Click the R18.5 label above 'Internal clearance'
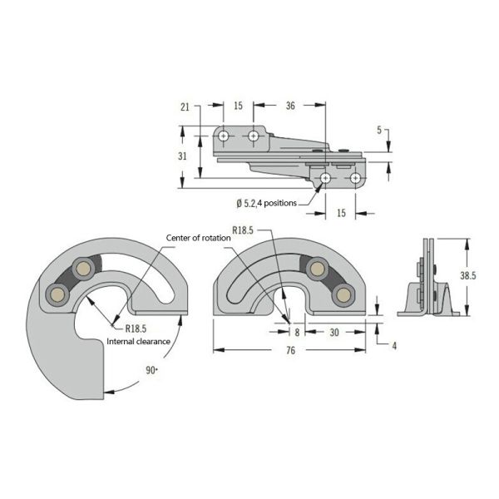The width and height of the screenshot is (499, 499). tap(137, 329)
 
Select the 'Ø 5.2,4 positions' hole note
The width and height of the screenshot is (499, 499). tap(272, 202)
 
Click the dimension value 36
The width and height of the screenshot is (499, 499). tap(290, 106)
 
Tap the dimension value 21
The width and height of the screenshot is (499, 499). tap(185, 106)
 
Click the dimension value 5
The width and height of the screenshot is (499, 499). tap(378, 131)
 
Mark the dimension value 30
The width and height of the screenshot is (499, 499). tap(333, 331)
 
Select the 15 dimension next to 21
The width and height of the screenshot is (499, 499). tap(238, 106)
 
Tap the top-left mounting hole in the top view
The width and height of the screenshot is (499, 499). tap(225, 135)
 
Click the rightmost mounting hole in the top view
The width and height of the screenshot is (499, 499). tap(355, 178)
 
